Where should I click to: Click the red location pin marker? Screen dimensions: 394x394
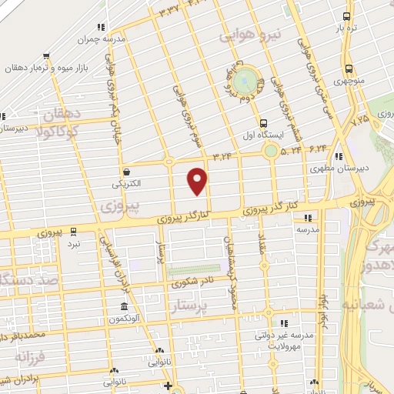click(x=198, y=181)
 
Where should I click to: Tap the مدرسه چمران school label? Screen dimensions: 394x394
click(x=103, y=38)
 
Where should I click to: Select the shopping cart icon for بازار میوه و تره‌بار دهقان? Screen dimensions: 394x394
click(x=47, y=55)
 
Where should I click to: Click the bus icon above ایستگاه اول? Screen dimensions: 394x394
click(x=264, y=123)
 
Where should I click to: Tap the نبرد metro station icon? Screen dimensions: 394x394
click(x=74, y=230)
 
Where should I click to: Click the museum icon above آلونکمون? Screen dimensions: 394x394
click(x=124, y=306)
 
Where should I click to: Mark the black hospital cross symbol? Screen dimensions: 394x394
click(x=169, y=385)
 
